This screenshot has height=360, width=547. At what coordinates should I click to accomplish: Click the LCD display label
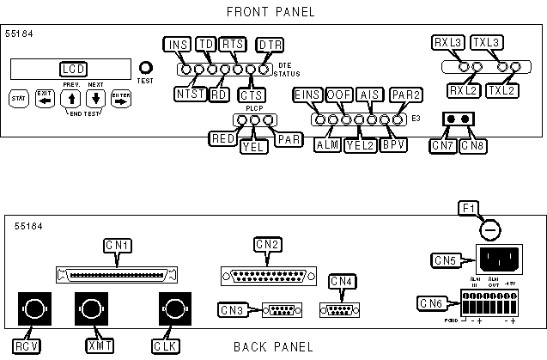(74, 69)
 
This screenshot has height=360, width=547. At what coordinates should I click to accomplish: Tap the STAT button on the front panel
(18, 98)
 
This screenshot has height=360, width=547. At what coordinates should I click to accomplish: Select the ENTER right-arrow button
(120, 98)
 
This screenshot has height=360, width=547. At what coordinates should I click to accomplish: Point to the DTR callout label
(270, 45)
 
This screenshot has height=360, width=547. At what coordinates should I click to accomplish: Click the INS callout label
(176, 45)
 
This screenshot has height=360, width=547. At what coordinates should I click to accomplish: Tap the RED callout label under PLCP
(223, 138)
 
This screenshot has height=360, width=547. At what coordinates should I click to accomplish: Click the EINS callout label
(307, 94)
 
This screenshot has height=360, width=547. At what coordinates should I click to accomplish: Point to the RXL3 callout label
(448, 42)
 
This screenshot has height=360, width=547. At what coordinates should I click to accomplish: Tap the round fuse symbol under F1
(489, 230)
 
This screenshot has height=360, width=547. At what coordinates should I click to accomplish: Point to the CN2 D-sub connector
(267, 275)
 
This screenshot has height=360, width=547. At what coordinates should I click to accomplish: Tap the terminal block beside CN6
(491, 302)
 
